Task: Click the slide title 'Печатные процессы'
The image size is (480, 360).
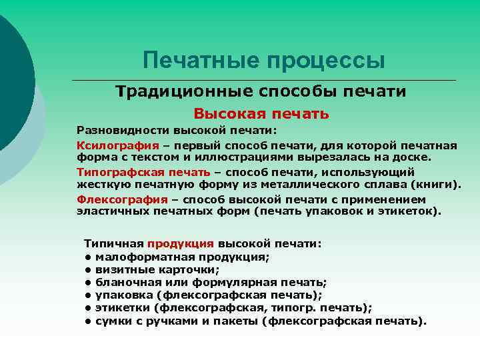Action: click(x=264, y=61)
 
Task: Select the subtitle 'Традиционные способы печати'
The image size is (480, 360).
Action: click(x=261, y=91)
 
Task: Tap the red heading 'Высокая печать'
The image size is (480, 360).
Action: click(x=261, y=114)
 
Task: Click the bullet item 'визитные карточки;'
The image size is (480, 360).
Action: click(x=157, y=270)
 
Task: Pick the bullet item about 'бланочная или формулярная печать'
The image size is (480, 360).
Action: click(x=211, y=283)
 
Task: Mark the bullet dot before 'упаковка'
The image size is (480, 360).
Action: click(x=87, y=295)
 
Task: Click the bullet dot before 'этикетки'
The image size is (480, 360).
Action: click(x=87, y=308)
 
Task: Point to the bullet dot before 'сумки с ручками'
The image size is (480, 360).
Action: click(x=87, y=321)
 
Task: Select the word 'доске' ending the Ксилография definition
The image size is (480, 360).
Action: click(x=415, y=157)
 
